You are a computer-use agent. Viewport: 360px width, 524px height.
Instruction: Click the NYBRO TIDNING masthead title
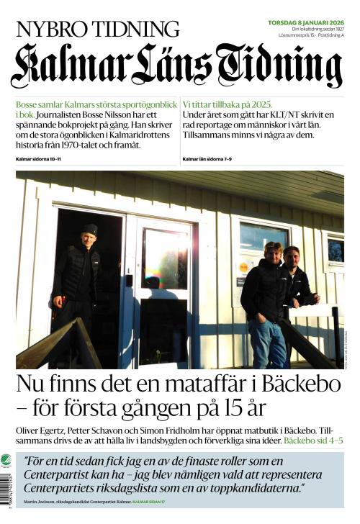tap(98, 30)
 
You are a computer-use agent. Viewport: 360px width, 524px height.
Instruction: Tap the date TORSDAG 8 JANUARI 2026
tap(305, 22)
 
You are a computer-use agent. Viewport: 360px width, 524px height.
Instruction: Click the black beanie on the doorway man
tap(89, 229)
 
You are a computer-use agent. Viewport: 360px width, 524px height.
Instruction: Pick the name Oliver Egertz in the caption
tap(37, 429)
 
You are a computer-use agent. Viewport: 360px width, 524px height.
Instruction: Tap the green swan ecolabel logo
tap(6, 461)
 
